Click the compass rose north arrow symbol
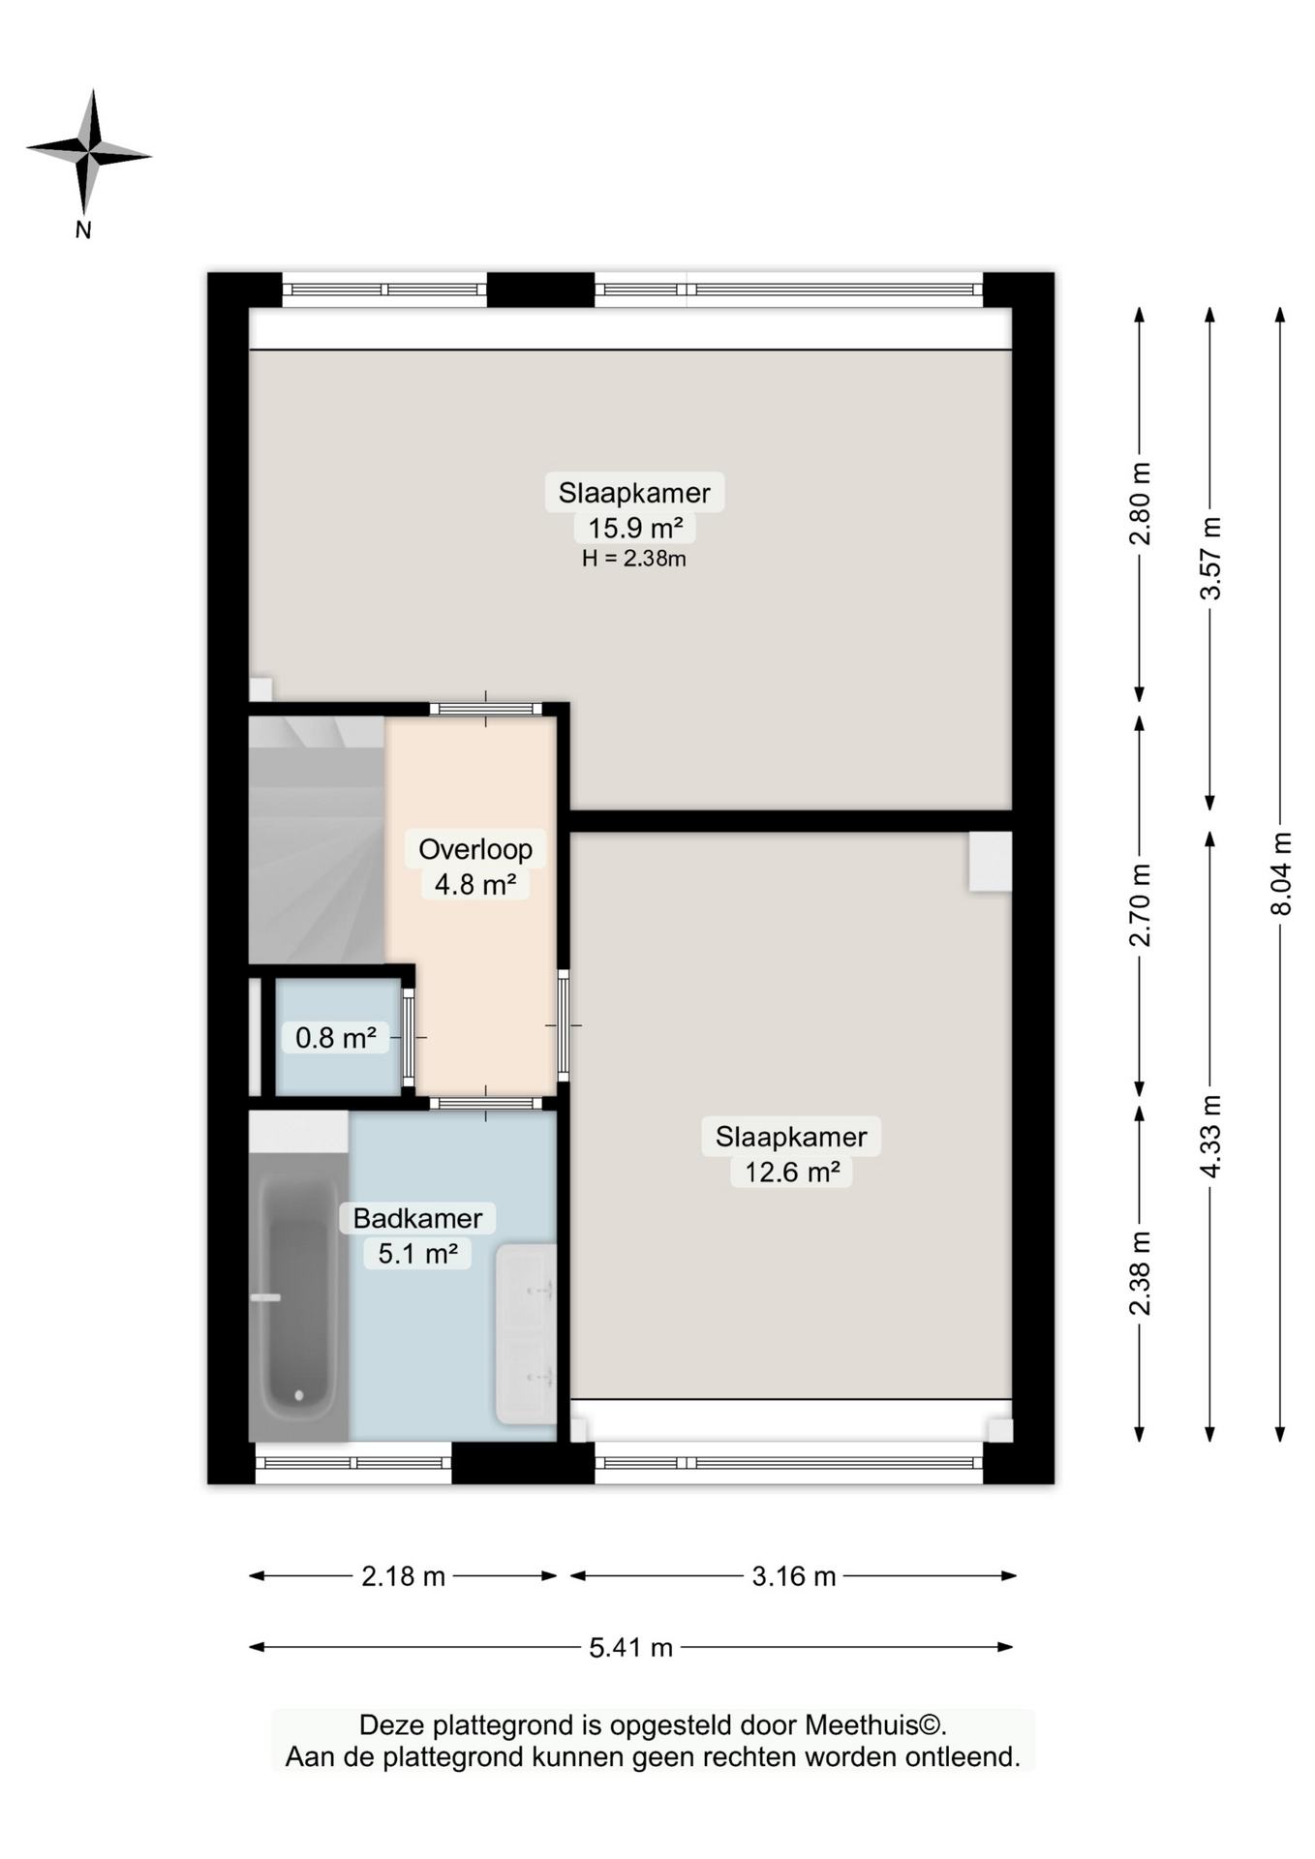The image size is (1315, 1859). [x=88, y=153]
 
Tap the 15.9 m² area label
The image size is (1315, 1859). [x=635, y=529]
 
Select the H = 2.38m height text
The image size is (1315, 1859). [x=634, y=559]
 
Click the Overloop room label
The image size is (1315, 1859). [x=475, y=849]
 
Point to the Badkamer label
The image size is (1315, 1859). [x=417, y=1218]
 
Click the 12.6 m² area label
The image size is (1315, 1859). [x=791, y=1172]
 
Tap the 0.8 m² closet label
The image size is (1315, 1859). [x=335, y=1038]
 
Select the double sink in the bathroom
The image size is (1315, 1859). [x=526, y=1334]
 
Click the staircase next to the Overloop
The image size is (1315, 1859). [x=317, y=839]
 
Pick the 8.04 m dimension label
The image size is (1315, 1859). [x=1281, y=873]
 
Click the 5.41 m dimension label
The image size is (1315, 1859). [x=630, y=1647]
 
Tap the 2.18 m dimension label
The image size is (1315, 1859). [x=403, y=1576]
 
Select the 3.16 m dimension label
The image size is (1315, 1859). [x=794, y=1576]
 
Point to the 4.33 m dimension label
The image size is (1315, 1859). [x=1210, y=1136]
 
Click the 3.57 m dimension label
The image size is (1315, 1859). [x=1210, y=558]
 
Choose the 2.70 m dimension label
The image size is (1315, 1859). [x=1141, y=905]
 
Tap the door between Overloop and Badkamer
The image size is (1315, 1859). [x=485, y=1103]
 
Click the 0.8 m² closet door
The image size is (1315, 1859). [x=409, y=1037]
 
